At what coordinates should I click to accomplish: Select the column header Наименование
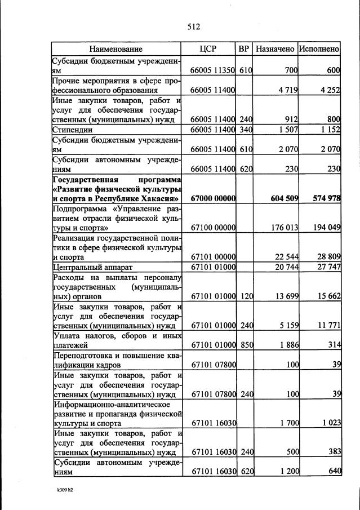(x=115, y=49)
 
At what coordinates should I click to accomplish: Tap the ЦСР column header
(x=208, y=49)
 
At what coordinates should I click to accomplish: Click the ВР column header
(x=244, y=49)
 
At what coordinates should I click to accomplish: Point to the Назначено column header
(x=275, y=49)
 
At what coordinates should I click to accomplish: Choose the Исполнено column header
(x=319, y=49)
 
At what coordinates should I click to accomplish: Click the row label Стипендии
(x=73, y=130)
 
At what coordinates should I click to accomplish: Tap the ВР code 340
(x=245, y=130)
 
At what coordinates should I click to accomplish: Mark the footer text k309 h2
(x=65, y=490)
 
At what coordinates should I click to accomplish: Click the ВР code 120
(x=245, y=296)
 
